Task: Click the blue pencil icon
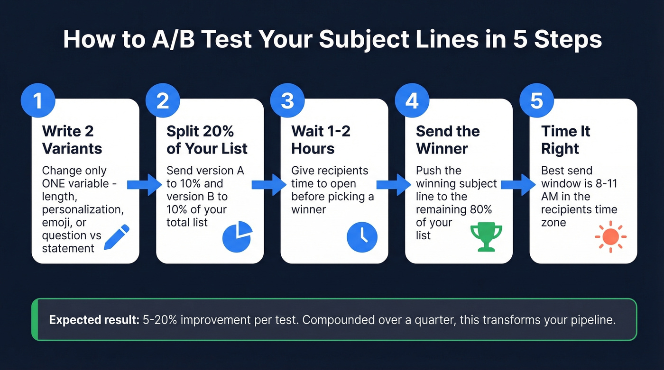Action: click(x=116, y=237)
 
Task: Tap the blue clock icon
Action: click(x=362, y=236)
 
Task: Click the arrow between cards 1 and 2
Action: click(x=145, y=185)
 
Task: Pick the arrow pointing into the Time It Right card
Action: click(x=518, y=185)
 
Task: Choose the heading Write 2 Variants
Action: click(x=72, y=140)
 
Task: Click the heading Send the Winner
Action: click(x=448, y=140)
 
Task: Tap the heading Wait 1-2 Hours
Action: click(x=321, y=140)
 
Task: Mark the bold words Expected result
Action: click(x=93, y=320)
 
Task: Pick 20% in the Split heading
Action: click(x=217, y=131)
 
